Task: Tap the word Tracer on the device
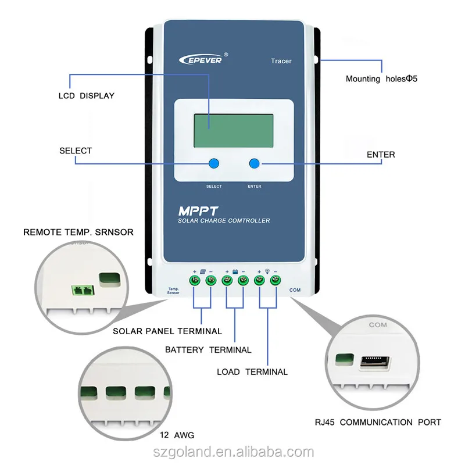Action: coord(281,61)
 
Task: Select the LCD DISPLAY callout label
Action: coord(87,95)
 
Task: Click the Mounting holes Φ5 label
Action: coord(382,78)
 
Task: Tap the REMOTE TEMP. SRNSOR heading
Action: coord(78,232)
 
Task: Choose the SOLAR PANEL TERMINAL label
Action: coord(167,331)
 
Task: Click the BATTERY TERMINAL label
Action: coord(208,350)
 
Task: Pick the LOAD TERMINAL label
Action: coord(252,371)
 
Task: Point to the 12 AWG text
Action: coord(176,435)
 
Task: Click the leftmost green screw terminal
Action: coord(195,281)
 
